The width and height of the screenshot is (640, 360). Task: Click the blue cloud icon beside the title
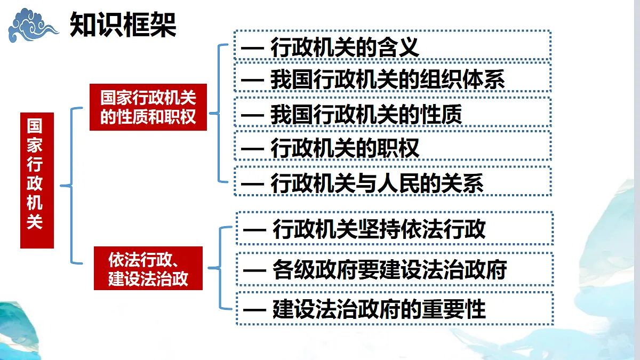click(33, 26)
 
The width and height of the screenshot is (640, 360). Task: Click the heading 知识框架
click(123, 25)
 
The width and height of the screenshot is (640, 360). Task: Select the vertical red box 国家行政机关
click(37, 180)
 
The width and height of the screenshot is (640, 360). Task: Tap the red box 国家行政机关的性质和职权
click(148, 107)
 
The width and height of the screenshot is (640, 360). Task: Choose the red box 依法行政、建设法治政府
click(148, 268)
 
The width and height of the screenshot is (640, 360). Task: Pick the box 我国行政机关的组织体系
click(393, 77)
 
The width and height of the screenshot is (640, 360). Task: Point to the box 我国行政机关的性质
click(393, 112)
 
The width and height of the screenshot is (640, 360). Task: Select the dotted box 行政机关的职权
click(393, 146)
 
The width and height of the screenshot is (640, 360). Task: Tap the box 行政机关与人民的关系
click(393, 181)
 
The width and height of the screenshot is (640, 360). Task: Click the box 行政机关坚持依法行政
click(395, 228)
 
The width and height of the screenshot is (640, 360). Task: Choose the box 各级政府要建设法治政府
click(395, 269)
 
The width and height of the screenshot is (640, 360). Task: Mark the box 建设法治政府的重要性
click(395, 308)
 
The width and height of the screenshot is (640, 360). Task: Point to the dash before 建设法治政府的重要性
click(254, 310)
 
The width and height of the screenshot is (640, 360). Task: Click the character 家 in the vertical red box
click(35, 145)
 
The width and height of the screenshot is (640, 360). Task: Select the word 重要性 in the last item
click(454, 309)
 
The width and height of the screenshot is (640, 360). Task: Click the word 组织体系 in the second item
click(462, 79)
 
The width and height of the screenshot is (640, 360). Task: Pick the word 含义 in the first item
click(398, 47)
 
